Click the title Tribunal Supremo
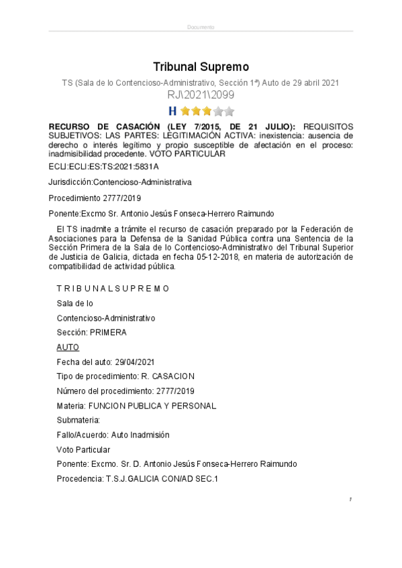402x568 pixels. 201,66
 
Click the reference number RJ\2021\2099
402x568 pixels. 201,95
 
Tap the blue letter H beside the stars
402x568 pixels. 172,111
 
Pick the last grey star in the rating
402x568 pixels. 229,111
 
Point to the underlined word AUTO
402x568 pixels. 68,347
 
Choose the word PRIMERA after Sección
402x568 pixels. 109,332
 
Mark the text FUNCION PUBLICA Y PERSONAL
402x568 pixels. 152,406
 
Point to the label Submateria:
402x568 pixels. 78,420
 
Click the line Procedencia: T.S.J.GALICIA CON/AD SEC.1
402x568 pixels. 138,479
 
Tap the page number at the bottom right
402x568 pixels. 350,500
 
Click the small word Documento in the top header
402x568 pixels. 201,27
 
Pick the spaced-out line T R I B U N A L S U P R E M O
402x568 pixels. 113,288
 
